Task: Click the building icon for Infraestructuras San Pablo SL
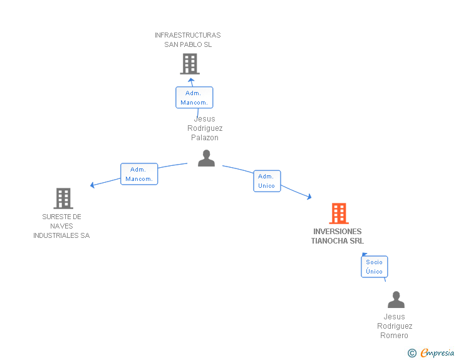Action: click(189, 64)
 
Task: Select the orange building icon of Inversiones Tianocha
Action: click(339, 213)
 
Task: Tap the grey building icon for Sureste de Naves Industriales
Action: click(63, 198)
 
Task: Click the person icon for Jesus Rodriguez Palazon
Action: click(206, 158)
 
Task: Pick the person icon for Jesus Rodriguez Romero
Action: click(396, 301)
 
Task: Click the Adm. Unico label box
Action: click(267, 181)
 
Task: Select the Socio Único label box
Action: click(374, 267)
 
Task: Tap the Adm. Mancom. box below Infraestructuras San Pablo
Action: click(194, 98)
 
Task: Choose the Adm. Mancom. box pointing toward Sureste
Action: click(139, 174)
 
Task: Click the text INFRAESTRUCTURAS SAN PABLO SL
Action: click(188, 39)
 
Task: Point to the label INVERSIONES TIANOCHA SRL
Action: click(338, 236)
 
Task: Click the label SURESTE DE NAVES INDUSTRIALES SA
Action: click(61, 226)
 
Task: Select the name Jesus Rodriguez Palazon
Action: click(205, 128)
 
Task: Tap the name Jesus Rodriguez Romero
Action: click(395, 326)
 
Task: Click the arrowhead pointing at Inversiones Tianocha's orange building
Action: click(309, 197)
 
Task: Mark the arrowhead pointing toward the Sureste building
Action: click(93, 185)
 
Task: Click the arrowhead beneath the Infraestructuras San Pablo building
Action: click(192, 80)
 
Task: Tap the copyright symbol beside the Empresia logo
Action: click(412, 353)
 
